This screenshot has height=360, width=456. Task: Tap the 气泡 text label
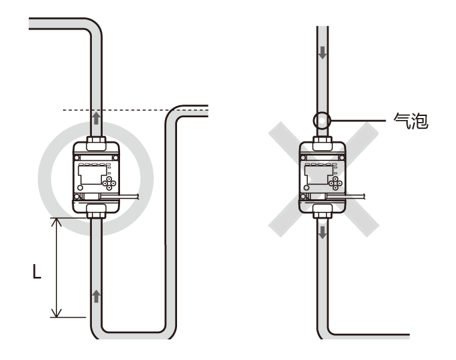[x=409, y=121]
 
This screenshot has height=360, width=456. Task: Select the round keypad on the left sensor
[x=109, y=184]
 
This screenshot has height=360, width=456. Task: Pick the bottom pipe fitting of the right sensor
[x=323, y=211]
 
